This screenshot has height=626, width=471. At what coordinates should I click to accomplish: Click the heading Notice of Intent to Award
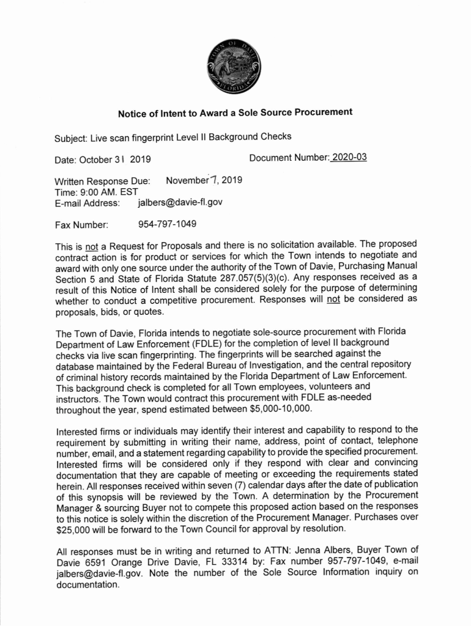(x=235, y=112)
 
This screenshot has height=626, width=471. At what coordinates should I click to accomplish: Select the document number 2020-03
(x=349, y=158)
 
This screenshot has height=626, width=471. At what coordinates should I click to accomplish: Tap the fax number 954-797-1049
(x=167, y=224)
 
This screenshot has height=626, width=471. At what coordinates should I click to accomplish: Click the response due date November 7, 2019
(x=204, y=180)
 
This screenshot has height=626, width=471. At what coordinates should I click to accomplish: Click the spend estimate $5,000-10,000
(x=281, y=408)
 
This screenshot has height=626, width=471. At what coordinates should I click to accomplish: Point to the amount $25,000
(x=73, y=528)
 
